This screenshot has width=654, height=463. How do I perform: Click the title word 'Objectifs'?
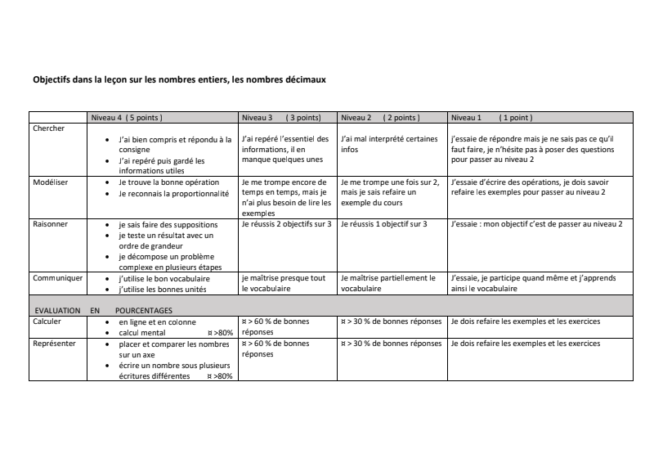coord(51,80)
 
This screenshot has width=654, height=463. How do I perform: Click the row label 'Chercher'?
coord(48,128)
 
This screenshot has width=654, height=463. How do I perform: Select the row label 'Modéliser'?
coord(50,182)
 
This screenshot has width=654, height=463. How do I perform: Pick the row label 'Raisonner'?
coord(50,223)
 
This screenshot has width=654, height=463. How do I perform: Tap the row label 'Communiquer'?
coord(57,278)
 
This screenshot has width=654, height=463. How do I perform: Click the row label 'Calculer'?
coord(47,322)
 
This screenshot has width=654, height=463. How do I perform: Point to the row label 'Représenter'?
coord(54,344)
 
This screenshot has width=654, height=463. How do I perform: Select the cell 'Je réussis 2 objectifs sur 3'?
coord(286,223)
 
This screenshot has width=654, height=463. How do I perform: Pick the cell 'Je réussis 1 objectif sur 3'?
coord(383,223)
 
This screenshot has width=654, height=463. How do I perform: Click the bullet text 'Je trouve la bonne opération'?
coord(168,182)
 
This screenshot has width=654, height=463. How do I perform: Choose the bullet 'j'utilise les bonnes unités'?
coord(160,289)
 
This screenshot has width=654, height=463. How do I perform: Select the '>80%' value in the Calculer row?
coord(222,333)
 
